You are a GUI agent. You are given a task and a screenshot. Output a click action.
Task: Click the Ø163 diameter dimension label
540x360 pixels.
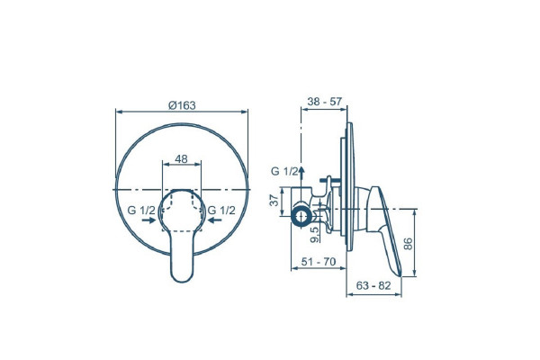[x=182, y=105]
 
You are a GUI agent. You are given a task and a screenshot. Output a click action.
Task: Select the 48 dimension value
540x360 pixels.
[x=182, y=158]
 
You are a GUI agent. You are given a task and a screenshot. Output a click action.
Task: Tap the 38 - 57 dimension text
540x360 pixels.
[x=325, y=102]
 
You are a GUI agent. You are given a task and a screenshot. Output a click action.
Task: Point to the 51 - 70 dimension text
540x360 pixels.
[x=319, y=262]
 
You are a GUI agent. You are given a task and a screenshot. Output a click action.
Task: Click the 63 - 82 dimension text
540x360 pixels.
[x=373, y=285]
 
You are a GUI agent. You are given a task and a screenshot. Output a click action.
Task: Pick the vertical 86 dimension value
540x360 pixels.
[x=408, y=244]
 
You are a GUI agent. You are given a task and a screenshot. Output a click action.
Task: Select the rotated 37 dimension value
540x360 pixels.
[x=274, y=200]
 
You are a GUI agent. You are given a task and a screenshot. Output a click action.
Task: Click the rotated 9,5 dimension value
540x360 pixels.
[x=314, y=235]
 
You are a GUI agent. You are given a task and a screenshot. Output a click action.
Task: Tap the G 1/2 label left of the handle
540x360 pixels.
[x=141, y=210]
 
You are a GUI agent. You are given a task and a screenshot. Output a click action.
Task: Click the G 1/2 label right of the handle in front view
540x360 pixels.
[x=221, y=210]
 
